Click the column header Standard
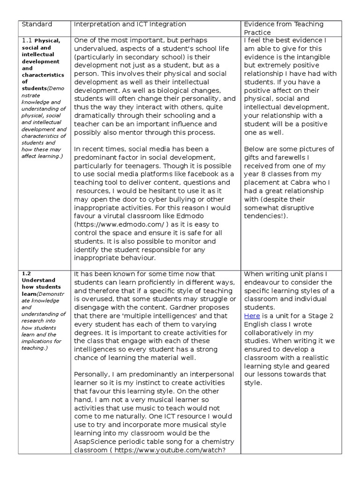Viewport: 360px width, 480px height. pyautogui.click(x=37, y=24)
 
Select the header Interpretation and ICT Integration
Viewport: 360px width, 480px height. pyautogui.click(x=130, y=24)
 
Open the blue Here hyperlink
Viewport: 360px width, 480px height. pyautogui.click(x=252, y=316)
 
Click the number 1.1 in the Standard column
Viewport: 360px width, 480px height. pyautogui.click(x=27, y=41)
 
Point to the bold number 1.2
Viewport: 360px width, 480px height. pyautogui.click(x=26, y=273)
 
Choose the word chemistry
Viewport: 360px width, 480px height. pyautogui.click(x=214, y=442)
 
